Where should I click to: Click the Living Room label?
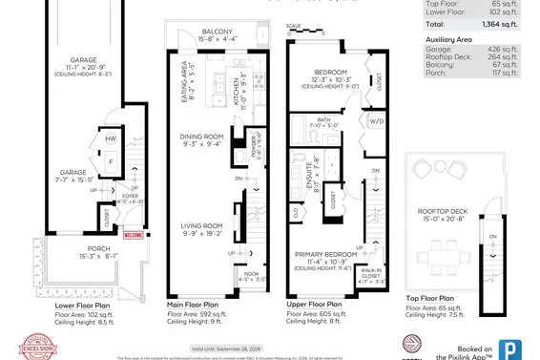201,226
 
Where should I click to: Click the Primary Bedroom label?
327,255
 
